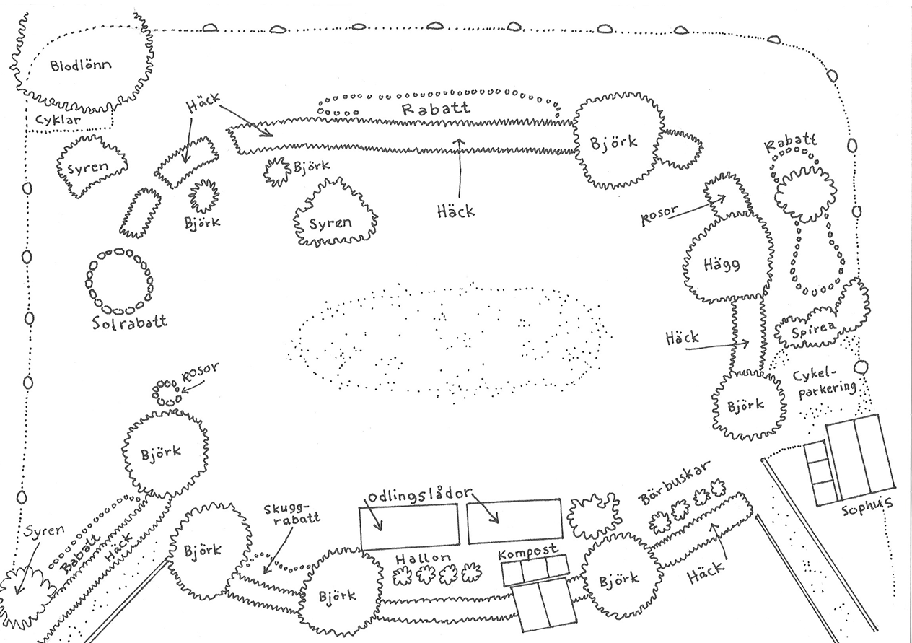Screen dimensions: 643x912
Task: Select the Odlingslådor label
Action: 420,497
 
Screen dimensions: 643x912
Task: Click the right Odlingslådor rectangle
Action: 514,521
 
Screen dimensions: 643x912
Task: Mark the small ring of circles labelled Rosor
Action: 167,392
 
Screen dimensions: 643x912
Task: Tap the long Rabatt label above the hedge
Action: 436,109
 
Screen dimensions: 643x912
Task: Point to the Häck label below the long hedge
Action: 456,210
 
